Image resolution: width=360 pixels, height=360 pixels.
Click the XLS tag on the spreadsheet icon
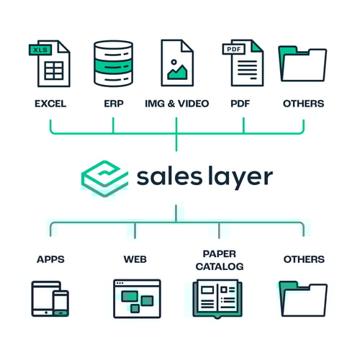pos(40,50)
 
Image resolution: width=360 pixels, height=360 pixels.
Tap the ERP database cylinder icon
pos(113,63)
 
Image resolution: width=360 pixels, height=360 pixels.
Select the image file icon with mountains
pos(177,63)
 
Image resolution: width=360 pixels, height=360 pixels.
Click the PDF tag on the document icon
pos(234,49)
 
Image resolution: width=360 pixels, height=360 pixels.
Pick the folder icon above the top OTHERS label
pos(302,64)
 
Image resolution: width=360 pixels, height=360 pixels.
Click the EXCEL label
pos(50,104)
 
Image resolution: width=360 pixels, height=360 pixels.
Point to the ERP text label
pos(114,104)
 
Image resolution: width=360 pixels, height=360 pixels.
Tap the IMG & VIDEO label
pos(177,104)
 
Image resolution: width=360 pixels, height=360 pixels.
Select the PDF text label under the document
pos(240,104)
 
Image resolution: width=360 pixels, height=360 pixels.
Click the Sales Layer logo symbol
pos(104,178)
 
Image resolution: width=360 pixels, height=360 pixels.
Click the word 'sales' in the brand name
pos(169,177)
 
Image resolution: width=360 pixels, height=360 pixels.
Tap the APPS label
pos(50,259)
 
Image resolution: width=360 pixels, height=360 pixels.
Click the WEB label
pos(135,259)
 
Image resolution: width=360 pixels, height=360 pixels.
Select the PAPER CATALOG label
pos(220,260)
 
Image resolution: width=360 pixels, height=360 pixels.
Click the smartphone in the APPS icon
pos(61,303)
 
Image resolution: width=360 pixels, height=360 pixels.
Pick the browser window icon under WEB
pos(137,299)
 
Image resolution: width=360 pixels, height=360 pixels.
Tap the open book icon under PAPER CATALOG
pos(217,299)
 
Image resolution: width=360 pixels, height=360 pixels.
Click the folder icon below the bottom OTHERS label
pos(303,299)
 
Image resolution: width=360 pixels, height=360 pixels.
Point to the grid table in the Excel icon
pos(54,71)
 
